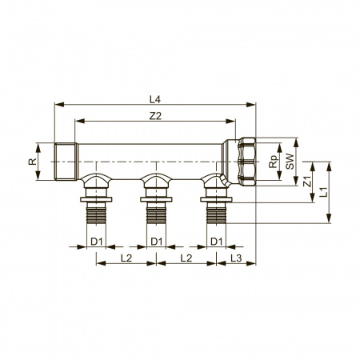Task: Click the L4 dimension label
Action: click(x=155, y=99)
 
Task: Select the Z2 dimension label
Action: click(x=155, y=116)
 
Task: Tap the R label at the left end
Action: click(x=32, y=162)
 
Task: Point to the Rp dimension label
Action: click(x=274, y=162)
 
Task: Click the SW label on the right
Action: click(x=290, y=162)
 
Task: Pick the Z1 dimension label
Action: click(x=307, y=182)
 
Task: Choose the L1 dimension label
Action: click(x=323, y=192)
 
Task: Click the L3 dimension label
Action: click(x=236, y=258)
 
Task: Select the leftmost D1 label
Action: click(x=97, y=242)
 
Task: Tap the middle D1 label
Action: click(x=157, y=242)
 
